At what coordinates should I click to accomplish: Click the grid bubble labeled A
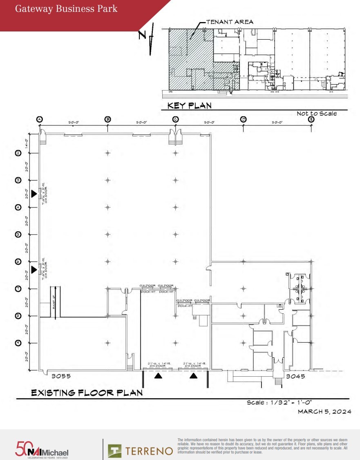coord(40,119)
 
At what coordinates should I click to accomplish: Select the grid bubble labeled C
coord(175,119)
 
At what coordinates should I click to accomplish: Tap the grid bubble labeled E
coord(311,119)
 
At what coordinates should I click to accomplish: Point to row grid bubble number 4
coord(18,207)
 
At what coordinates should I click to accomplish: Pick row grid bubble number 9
coord(18,343)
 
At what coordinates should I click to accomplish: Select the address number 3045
coord(295,376)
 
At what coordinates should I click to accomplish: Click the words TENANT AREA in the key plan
coord(230,22)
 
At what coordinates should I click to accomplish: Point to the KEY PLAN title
coord(190,106)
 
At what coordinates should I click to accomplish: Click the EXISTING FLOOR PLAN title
coord(87,393)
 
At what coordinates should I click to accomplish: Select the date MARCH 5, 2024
coord(324,411)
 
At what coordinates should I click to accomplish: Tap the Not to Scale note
coord(317,114)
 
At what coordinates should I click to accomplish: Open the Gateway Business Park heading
coord(66,9)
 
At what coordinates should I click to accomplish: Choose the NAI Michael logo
coord(42,450)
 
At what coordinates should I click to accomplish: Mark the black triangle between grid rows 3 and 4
coord(34,194)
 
